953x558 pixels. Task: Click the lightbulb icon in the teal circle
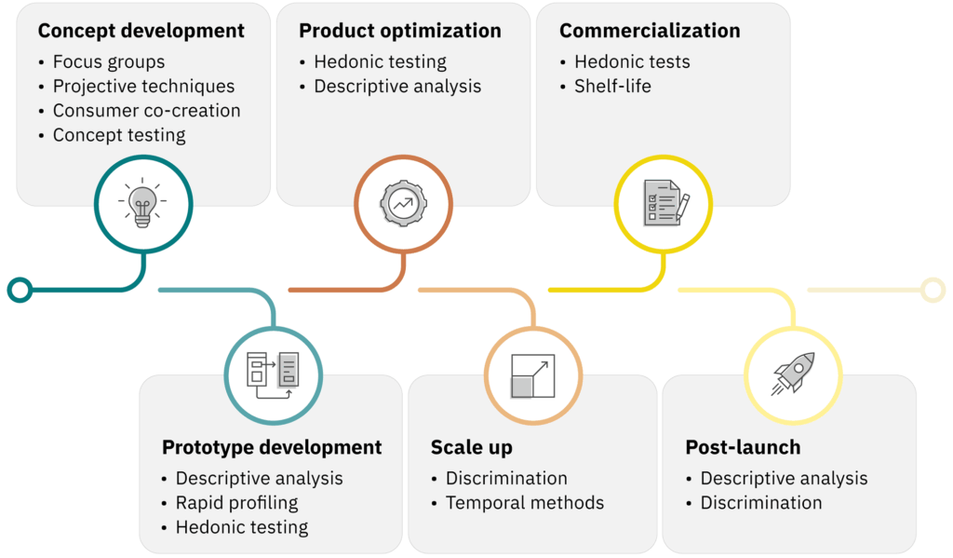coord(144,203)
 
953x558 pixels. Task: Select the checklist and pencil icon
coord(664,203)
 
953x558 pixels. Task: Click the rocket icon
coord(794,375)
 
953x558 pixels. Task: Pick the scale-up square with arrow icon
coord(533,375)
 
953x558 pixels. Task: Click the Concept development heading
coord(141,31)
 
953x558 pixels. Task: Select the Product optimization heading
coord(400,31)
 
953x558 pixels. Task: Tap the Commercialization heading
coord(650,31)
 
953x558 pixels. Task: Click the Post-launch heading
coord(743,447)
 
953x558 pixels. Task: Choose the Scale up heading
coord(471,447)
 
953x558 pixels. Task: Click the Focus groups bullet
coord(108,62)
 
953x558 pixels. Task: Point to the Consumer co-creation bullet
coord(146,111)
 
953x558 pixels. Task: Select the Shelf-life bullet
coord(612,87)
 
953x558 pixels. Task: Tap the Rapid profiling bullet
coord(236,503)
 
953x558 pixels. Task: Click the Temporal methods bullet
coord(524,503)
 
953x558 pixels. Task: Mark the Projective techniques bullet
coord(143,87)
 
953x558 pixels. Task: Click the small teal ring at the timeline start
coord(20,290)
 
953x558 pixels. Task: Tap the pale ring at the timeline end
coord(932,290)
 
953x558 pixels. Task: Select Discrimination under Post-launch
coord(760,503)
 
